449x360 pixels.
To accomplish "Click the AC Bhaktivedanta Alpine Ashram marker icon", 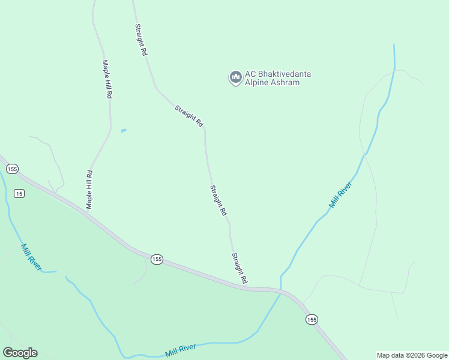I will (x=235, y=77).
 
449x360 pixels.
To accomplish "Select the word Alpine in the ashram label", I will (x=256, y=83).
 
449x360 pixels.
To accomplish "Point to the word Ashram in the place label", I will (x=285, y=83).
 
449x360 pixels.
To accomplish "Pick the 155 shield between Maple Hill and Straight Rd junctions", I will (x=156, y=259).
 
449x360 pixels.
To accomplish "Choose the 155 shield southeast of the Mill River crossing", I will (x=312, y=320).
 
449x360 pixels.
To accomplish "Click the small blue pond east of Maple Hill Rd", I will (x=124, y=130).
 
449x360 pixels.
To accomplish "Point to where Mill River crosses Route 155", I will (x=281, y=291).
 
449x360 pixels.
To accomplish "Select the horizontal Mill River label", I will (x=181, y=349).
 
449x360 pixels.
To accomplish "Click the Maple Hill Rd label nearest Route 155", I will (x=89, y=190).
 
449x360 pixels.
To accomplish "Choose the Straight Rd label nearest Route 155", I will (x=240, y=268).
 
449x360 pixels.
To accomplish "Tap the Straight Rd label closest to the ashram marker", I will (x=189, y=115).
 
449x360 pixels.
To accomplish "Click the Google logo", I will (x=20, y=353).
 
